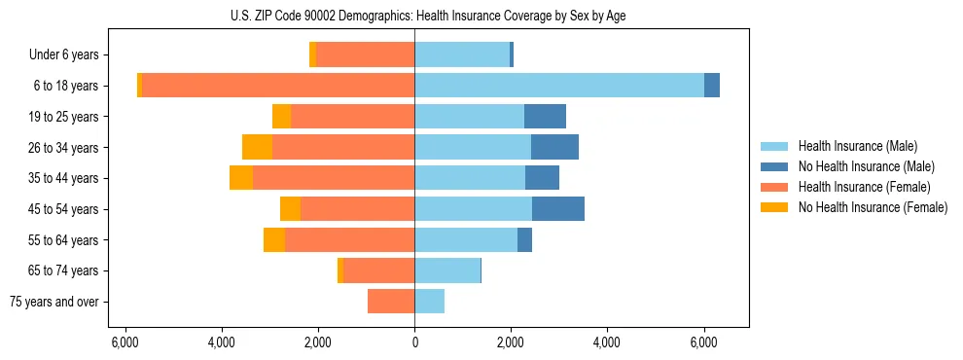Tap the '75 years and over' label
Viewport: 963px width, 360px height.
tap(54, 302)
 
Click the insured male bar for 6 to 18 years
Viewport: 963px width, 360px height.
tap(559, 86)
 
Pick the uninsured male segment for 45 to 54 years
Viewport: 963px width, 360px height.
tap(558, 209)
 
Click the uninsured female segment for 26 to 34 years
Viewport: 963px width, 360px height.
tap(257, 147)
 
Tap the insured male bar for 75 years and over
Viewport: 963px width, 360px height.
tap(430, 302)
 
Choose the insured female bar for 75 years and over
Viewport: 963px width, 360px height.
tap(391, 302)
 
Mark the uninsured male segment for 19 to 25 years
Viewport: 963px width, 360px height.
tap(545, 117)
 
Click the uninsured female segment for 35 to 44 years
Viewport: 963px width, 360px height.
tap(241, 178)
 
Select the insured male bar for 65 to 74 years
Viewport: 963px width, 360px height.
tap(447, 270)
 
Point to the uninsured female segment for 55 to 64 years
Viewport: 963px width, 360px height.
tap(274, 239)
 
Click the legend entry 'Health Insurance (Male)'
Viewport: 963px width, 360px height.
tap(857, 146)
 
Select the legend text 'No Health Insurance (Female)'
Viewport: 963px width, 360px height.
tap(873, 207)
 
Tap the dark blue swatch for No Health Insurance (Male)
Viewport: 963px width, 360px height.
tap(774, 166)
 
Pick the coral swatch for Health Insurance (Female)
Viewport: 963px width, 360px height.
tap(774, 187)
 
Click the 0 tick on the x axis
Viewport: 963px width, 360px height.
tap(414, 342)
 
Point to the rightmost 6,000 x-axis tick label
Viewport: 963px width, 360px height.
tap(703, 342)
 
